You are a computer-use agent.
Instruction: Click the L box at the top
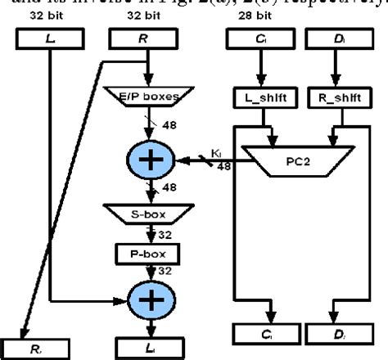[51, 38]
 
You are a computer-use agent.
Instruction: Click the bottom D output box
[336, 335]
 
